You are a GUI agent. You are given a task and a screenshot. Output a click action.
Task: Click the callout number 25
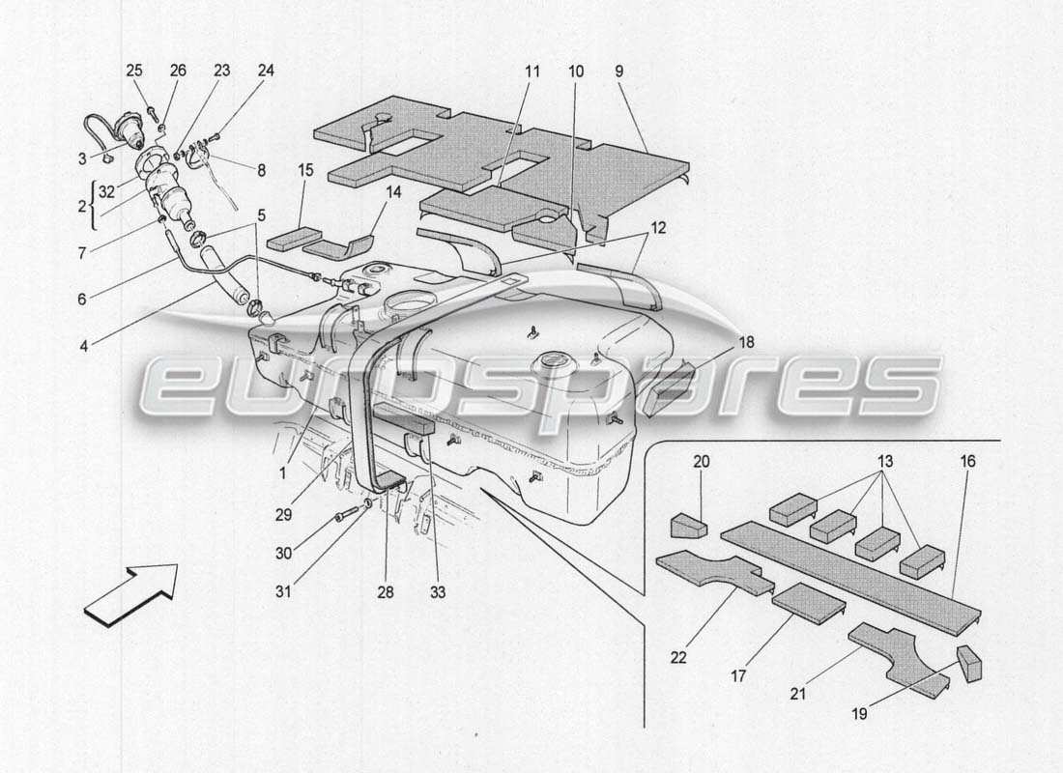pyautogui.click(x=133, y=71)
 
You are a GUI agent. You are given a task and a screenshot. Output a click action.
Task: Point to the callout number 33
pyautogui.click(x=438, y=593)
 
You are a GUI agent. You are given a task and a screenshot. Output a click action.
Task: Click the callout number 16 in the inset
pyautogui.click(x=967, y=462)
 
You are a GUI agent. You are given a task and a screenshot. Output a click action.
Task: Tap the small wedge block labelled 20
pyautogui.click(x=687, y=524)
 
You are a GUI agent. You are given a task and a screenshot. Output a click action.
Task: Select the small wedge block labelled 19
pyautogui.click(x=969, y=664)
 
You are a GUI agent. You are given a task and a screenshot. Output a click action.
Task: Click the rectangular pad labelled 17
pyautogui.click(x=809, y=603)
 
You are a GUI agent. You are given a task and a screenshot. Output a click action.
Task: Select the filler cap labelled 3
pyautogui.click(x=127, y=129)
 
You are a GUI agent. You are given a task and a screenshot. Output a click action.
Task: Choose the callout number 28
pyautogui.click(x=386, y=593)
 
